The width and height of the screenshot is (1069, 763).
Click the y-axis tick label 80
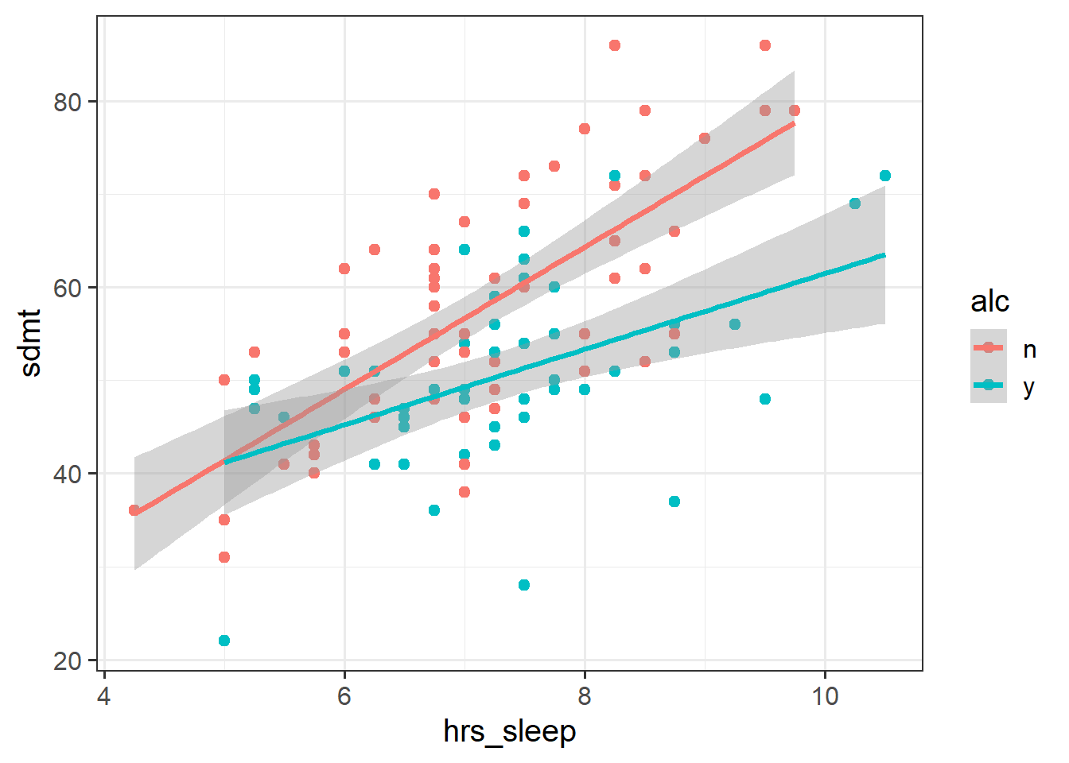68,102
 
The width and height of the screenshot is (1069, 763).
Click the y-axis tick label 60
68,288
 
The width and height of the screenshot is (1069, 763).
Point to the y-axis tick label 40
68,474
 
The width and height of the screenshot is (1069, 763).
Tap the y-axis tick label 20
68,660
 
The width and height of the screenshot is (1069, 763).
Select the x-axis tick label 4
104,696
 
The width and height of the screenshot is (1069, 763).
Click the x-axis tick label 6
344,696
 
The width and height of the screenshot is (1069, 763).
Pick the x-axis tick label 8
585,696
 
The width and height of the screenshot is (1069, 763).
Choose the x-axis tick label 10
825,696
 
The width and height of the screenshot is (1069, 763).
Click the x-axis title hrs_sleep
510,731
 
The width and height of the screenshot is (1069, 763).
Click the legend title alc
989,302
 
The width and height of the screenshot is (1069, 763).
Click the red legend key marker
989,348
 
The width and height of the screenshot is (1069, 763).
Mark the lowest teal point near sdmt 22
224,641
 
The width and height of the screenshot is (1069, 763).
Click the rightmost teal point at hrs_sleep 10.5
885,176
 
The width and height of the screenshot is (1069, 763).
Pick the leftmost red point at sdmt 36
134,510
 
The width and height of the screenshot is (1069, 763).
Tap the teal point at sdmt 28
524,585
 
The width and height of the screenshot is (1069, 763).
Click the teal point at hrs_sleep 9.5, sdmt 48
765,399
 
